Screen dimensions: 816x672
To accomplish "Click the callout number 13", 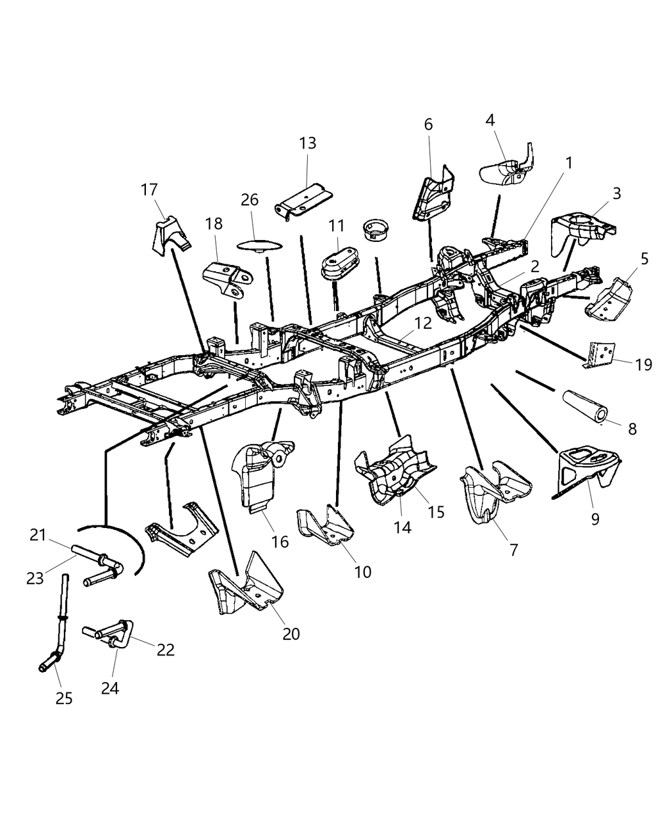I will tap(307, 143).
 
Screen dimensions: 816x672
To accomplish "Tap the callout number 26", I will tap(250, 200).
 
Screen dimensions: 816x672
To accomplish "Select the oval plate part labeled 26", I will tap(259, 244).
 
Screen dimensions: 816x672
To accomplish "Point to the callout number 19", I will tap(643, 365).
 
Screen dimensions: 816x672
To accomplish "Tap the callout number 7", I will tap(514, 549).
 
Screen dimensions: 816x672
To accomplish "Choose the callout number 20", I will tap(291, 634).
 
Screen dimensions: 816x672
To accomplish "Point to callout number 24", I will tap(110, 688).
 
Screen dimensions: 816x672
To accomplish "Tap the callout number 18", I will tap(214, 223).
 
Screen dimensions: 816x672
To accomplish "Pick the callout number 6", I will tap(428, 124).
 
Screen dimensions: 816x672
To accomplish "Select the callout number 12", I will tap(422, 324).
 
